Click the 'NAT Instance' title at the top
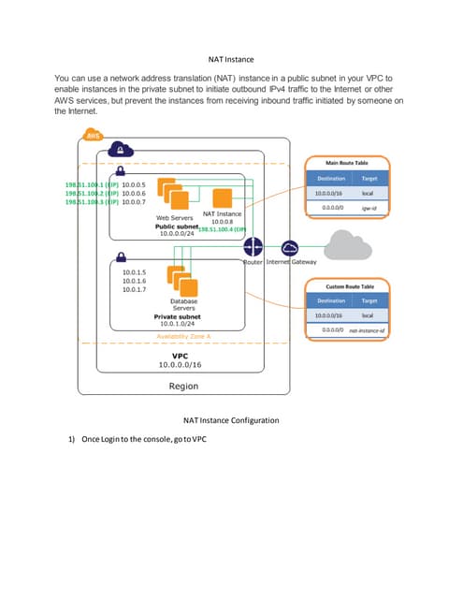click(231, 59)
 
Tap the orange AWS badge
click(93, 136)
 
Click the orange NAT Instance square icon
click(223, 197)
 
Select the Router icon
click(253, 247)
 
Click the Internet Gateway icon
click(289, 247)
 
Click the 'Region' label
click(182, 386)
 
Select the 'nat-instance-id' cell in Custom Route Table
click(368, 329)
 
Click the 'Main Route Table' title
click(346, 160)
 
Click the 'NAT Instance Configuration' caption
click(231, 420)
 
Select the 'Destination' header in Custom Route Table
click(330, 300)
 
